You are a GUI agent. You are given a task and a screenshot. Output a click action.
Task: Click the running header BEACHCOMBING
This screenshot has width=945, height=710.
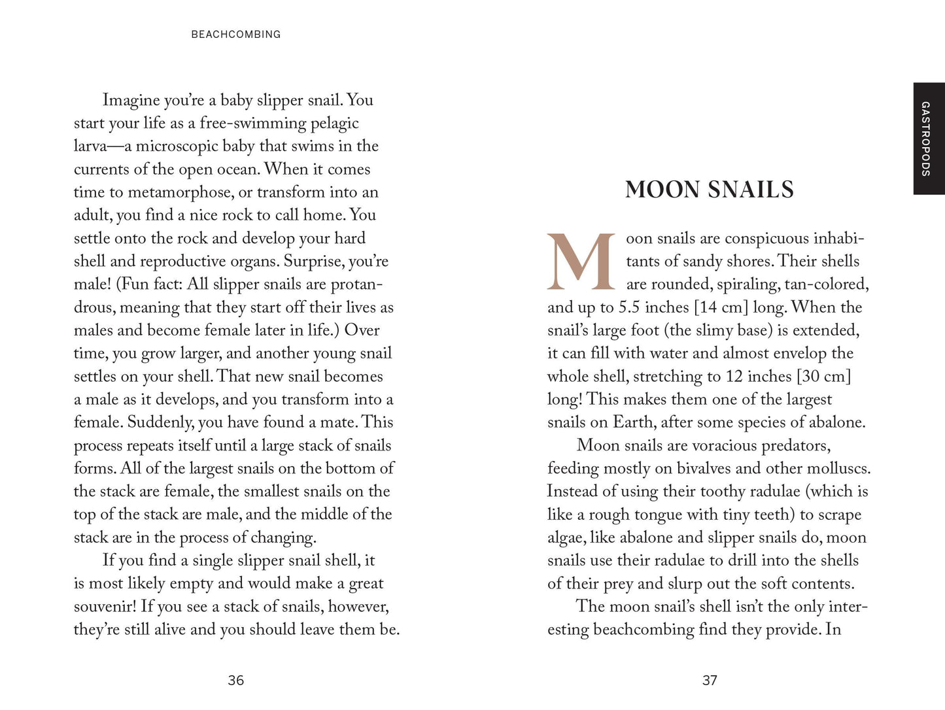click(235, 35)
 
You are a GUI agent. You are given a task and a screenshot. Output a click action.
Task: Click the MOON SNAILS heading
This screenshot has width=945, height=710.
click(709, 190)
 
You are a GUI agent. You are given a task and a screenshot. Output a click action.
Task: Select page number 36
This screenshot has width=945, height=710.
click(235, 681)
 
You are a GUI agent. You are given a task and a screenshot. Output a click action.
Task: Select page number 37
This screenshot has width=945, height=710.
click(710, 681)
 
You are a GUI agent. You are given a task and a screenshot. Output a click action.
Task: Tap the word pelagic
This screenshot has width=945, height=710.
click(335, 123)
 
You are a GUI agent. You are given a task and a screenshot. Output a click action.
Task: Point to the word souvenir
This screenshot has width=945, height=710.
click(103, 607)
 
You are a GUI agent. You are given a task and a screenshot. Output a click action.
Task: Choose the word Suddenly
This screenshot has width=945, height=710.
click(160, 422)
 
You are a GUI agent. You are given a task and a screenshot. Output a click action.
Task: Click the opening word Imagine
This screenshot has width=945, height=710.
click(131, 100)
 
